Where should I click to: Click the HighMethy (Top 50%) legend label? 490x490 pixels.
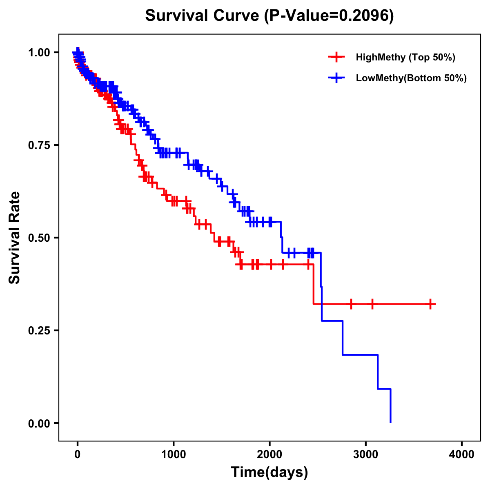pyautogui.click(x=405, y=57)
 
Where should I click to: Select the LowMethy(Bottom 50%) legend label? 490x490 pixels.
pyautogui.click(x=411, y=78)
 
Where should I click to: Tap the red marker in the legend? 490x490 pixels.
pyautogui.click(x=336, y=57)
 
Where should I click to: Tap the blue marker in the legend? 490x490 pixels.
pyautogui.click(x=336, y=78)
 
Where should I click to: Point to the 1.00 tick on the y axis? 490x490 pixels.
pyautogui.click(x=39, y=53)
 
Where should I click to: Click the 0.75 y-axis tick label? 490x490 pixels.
pyautogui.click(x=39, y=145)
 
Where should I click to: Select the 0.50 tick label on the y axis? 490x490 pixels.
pyautogui.click(x=39, y=238)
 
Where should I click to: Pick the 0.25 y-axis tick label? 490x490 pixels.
pyautogui.click(x=39, y=331)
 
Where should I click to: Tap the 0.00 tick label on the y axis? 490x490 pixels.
pyautogui.click(x=39, y=423)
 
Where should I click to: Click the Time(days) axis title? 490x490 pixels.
pyautogui.click(x=269, y=472)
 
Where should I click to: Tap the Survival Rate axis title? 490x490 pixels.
pyautogui.click(x=15, y=238)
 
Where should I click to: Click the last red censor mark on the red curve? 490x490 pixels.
pyautogui.click(x=430, y=304)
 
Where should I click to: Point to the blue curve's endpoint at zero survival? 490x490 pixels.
pyautogui.click(x=391, y=422)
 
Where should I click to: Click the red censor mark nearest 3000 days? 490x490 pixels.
pyautogui.click(x=372, y=304)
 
